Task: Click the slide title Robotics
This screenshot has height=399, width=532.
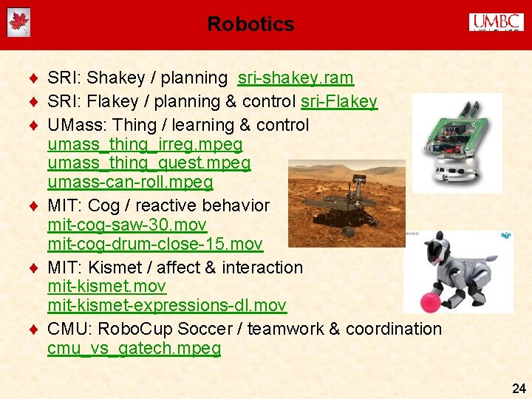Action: point(250,24)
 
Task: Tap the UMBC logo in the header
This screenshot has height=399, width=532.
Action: point(496,22)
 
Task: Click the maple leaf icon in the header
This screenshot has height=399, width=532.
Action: point(18,22)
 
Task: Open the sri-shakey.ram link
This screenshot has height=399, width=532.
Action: point(296,78)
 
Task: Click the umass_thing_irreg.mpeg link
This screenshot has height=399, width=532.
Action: point(145,143)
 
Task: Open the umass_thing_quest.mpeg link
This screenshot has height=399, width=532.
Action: point(149,163)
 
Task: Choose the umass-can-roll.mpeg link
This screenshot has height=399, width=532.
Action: point(130,182)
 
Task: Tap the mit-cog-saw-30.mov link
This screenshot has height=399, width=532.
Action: point(127,225)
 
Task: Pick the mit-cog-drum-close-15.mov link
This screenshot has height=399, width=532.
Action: point(154,244)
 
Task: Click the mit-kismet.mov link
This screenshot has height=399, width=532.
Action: point(106,286)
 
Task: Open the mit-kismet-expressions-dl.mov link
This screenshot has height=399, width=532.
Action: point(166,305)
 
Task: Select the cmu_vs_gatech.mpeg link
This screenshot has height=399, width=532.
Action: point(134,348)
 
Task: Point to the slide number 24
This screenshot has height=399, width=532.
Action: point(519,388)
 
